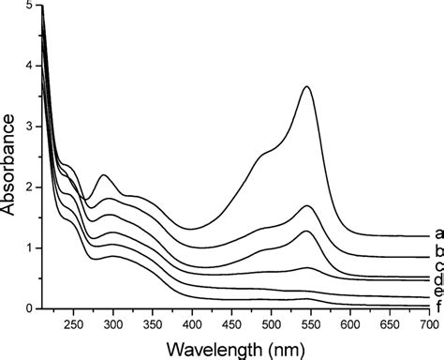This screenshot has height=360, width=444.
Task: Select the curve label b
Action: (437, 254)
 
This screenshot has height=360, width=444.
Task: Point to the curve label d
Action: (437, 280)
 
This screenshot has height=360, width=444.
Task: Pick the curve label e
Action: (437, 292)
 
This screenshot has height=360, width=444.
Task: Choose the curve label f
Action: (437, 307)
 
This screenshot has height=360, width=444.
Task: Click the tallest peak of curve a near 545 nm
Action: (307, 86)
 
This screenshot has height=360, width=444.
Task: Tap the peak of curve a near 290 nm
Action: (104, 175)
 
